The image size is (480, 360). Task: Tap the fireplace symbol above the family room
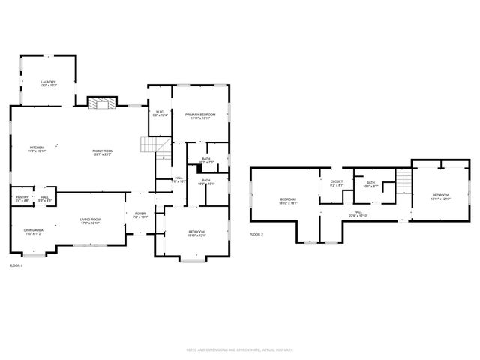point(99,103)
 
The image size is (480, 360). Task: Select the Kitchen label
point(37,149)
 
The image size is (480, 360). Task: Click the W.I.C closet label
point(159,114)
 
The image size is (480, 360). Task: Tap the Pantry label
point(22,199)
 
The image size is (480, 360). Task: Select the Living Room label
point(91,220)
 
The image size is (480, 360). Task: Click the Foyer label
point(140,215)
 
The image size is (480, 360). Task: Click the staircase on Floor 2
point(404,180)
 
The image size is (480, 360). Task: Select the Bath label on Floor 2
point(370,184)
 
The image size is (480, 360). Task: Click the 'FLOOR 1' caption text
point(16,265)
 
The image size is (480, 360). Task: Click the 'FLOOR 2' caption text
point(256,235)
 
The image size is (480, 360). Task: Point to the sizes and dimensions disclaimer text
point(239,350)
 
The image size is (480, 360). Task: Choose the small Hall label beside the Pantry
point(45,199)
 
